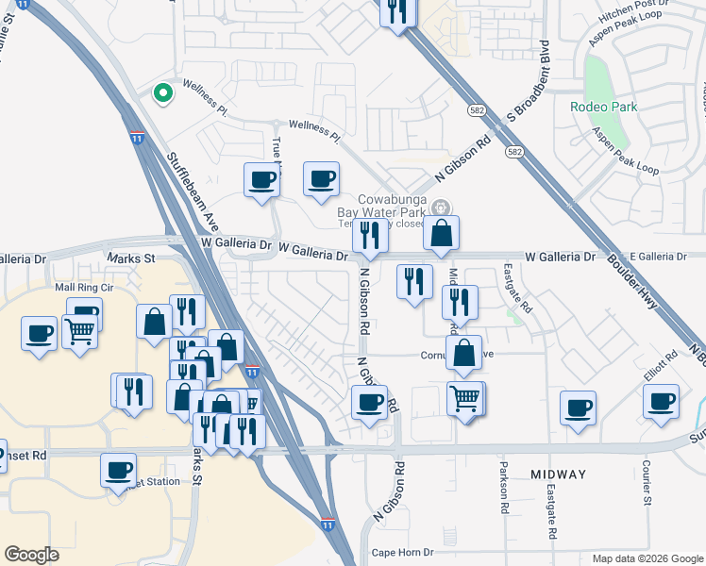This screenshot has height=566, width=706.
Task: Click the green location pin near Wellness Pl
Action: pos(162,93)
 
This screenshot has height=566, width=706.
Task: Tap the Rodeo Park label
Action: pos(603,107)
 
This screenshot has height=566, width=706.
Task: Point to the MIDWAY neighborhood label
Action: pos(558,474)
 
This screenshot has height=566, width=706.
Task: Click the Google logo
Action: pos(32,554)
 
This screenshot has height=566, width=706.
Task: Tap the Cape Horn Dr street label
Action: pos(402,553)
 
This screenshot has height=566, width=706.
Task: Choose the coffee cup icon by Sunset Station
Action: pos(118,469)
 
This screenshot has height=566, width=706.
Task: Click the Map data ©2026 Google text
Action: pos(647,558)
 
